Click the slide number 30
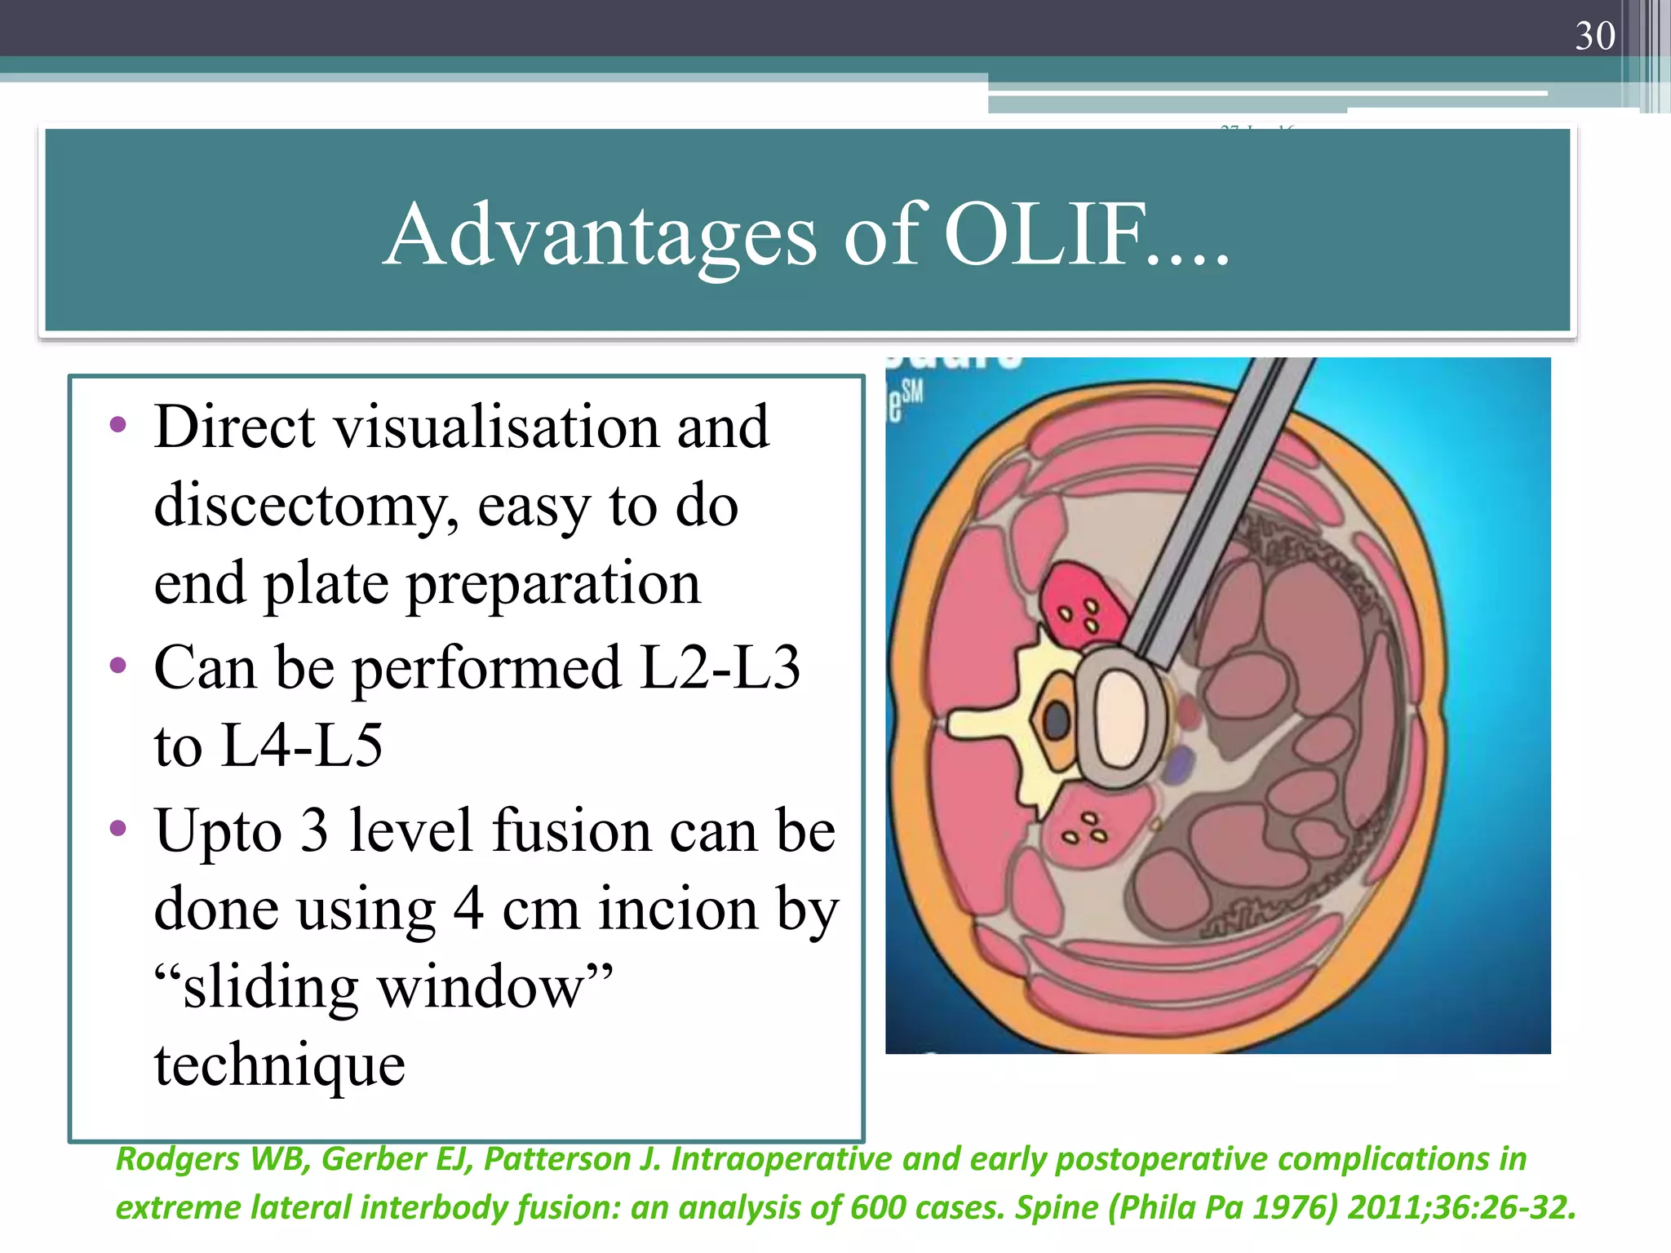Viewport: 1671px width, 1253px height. (1594, 36)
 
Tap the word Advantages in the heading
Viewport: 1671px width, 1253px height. (600, 237)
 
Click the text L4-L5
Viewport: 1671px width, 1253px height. (301, 746)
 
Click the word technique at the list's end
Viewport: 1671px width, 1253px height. (280, 1065)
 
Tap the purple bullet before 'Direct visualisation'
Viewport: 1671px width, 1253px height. (118, 424)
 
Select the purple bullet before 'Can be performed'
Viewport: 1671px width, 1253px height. (118, 666)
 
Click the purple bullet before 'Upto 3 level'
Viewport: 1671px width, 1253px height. (118, 829)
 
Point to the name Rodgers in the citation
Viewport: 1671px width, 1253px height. (179, 1159)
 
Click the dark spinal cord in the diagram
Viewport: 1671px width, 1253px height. (1057, 721)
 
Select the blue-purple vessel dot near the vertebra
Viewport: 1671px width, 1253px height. (1179, 767)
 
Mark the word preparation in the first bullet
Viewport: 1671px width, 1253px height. (553, 584)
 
